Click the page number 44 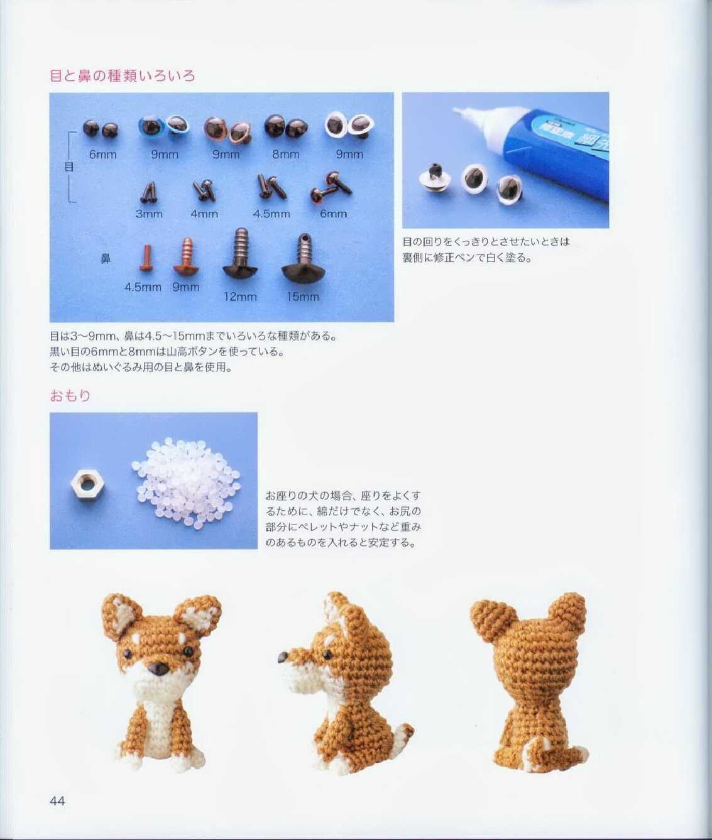(x=57, y=801)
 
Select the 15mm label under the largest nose (x=303, y=297)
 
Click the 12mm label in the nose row (x=240, y=297)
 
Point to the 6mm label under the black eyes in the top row (x=103, y=155)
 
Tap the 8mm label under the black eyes (x=286, y=155)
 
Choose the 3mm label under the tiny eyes (x=149, y=214)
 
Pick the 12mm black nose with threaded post (x=240, y=253)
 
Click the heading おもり (x=70, y=395)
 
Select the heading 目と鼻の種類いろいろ (x=123, y=75)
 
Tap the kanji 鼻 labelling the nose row (x=106, y=259)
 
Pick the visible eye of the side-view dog (x=326, y=654)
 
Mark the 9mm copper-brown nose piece (x=186, y=256)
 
